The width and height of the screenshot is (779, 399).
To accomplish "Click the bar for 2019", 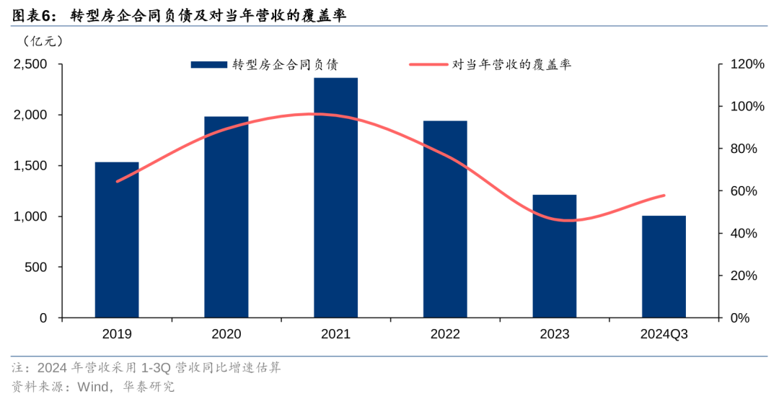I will click(x=117, y=240).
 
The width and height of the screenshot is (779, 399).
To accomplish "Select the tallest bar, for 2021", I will click(x=335, y=198).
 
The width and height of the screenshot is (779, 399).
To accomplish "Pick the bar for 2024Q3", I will click(x=664, y=266).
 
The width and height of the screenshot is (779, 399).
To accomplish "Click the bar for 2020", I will click(x=226, y=217).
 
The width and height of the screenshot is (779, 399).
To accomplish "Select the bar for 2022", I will click(x=445, y=219).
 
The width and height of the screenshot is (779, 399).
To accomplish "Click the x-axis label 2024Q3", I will click(x=664, y=334).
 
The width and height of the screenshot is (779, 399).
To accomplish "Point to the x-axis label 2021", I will click(x=335, y=334).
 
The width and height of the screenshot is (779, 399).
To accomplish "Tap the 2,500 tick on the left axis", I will click(x=30, y=64).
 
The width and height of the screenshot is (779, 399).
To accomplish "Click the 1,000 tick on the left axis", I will click(x=30, y=216).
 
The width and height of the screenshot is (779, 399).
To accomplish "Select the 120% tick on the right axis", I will click(x=747, y=64).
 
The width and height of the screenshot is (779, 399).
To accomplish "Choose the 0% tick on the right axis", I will click(x=740, y=318).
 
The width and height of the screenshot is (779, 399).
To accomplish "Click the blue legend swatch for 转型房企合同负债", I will click(x=208, y=65).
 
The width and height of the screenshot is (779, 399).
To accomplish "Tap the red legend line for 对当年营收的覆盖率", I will click(x=428, y=65).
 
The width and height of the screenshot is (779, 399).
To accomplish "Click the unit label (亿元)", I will click(x=43, y=41).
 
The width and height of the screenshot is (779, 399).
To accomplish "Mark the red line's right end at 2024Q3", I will click(x=664, y=196).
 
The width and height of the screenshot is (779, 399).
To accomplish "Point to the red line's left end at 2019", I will click(x=117, y=181).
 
